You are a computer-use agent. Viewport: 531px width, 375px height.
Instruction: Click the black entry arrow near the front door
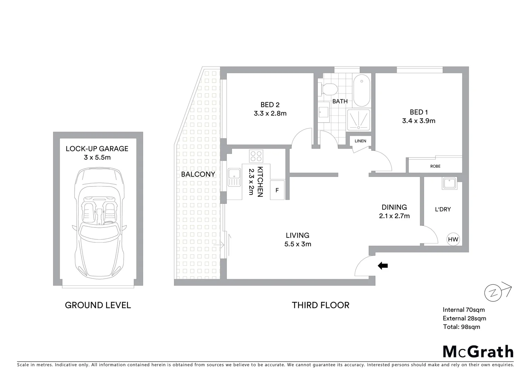pos(383,266)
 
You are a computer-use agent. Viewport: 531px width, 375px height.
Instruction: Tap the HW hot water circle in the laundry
pos(453,239)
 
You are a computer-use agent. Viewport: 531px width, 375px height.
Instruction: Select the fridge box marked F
pos(277,190)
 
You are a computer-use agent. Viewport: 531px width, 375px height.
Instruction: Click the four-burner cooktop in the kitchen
pos(256,156)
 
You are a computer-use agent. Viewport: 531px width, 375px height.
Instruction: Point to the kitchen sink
pos(234,177)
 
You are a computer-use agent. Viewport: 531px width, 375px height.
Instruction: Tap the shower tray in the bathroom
pos(359,120)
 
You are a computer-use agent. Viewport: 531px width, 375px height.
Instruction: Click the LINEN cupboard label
pos(360,141)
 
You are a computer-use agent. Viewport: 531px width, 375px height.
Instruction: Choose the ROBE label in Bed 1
pos(435,166)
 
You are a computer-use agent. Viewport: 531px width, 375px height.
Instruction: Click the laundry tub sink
pos(450,183)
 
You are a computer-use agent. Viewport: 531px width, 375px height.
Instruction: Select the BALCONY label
pos(198,174)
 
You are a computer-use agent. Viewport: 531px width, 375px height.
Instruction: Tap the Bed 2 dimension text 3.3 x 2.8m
pos(270,113)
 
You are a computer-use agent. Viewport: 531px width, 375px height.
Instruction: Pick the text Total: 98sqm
pos(462,327)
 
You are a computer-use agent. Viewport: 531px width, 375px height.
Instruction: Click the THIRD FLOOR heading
pos(321,305)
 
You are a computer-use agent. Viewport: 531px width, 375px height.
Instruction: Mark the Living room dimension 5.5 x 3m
pos(298,244)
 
